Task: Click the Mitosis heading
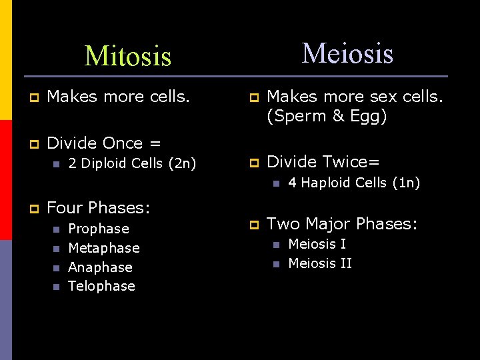[128, 56]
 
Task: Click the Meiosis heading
[347, 53]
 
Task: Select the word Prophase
[99, 229]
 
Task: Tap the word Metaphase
[104, 248]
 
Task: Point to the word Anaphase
[100, 267]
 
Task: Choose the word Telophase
[101, 286]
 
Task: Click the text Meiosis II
[319, 263]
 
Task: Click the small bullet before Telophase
[55, 287]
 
